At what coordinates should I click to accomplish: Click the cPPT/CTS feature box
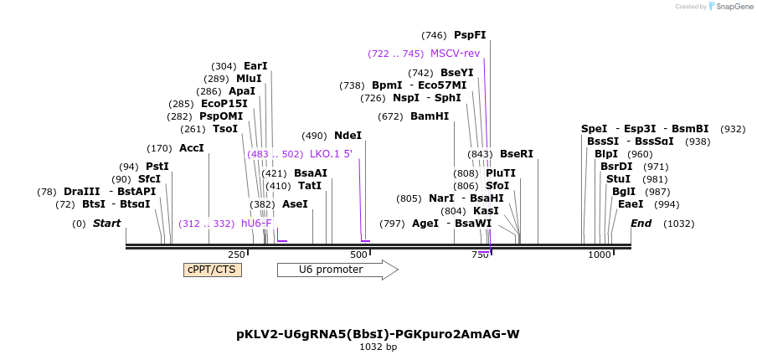coord(212,270)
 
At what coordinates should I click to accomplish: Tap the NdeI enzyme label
coord(348,136)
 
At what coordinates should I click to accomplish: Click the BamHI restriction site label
coord(429,116)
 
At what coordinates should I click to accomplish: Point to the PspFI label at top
coord(470,35)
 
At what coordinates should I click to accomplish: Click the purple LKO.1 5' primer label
coord(331,154)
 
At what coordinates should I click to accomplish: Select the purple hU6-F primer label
coord(256,224)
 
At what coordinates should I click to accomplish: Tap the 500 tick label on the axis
coord(358,255)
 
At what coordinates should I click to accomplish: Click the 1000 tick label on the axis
coord(600,255)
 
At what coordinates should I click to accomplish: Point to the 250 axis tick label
coord(237,255)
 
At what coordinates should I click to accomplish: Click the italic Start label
coord(106,224)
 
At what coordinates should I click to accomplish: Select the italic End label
coord(641,224)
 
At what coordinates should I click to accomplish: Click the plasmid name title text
coord(378,334)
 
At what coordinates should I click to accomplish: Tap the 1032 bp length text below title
coord(378,347)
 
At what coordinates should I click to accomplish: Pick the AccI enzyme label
coord(192,148)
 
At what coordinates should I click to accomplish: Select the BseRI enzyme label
coord(516,154)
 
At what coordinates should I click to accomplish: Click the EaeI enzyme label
coord(631,204)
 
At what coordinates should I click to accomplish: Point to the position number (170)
coord(159,148)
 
